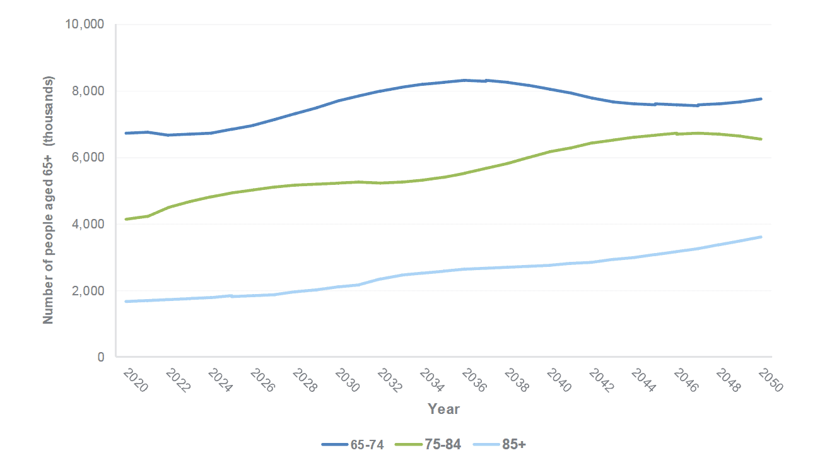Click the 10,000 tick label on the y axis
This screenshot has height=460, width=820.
coord(84,25)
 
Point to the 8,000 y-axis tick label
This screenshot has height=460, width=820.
coord(87,91)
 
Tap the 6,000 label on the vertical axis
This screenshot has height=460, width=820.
coord(87,158)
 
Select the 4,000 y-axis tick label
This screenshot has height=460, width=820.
coord(87,225)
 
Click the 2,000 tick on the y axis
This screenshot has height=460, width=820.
coord(87,291)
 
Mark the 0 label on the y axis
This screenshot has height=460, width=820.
coord(100,358)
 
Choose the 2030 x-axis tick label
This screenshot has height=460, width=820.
coord(346,381)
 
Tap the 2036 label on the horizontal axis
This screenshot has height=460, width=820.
coord(474,381)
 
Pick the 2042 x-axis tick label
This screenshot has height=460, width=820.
coord(602,381)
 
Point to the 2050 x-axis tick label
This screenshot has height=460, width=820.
coord(771,381)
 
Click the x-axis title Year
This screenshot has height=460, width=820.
coord(443,409)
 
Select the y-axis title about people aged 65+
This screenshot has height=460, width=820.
coord(49,200)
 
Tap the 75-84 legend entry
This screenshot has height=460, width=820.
coord(428,445)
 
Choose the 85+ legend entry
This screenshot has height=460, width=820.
coord(501,445)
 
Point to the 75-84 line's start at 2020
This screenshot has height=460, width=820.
coord(126,219)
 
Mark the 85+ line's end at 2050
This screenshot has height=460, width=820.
coord(761,237)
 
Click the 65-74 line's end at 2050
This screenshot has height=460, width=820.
coord(761,99)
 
